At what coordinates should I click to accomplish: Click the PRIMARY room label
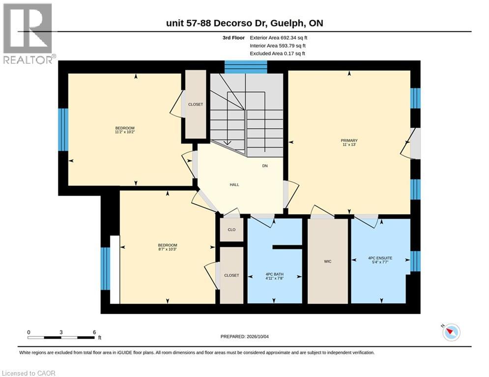tap(349, 140)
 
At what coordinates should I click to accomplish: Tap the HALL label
tap(234, 185)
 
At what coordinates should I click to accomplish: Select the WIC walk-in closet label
tap(327, 262)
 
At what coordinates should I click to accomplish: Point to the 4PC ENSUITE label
tap(380, 258)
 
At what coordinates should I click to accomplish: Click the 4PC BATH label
tap(274, 274)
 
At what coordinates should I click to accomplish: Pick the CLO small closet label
tap(231, 230)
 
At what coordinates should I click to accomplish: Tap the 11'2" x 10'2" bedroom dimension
tap(125, 132)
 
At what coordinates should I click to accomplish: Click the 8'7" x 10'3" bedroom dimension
tap(168, 249)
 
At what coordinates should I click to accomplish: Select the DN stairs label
tap(265, 166)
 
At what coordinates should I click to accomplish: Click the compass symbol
tap(451, 332)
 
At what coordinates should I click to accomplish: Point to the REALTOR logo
tap(29, 33)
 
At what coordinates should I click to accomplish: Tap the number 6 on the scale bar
tap(94, 332)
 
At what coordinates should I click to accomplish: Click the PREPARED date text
tap(245, 336)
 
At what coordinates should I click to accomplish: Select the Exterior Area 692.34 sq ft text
tap(279, 38)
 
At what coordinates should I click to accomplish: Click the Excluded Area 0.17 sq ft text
tap(278, 54)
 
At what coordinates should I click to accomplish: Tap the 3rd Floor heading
tap(233, 38)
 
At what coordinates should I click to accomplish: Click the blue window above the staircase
tap(246, 67)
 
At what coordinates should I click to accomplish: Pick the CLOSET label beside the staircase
tap(196, 105)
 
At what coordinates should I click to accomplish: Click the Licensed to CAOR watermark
tap(29, 373)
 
